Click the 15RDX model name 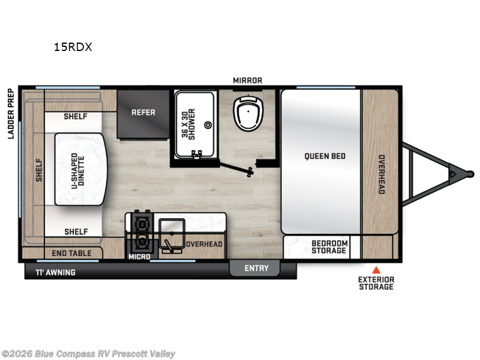pyautogui.click(x=73, y=47)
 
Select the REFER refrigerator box pyautogui.click(x=143, y=112)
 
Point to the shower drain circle pyautogui.click(x=208, y=125)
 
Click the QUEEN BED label pyautogui.click(x=325, y=156)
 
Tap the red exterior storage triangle pyautogui.click(x=376, y=269)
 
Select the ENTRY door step pyautogui.click(x=257, y=268)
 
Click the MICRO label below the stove pyautogui.click(x=138, y=257)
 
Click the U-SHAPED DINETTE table pyautogui.click(x=80, y=169)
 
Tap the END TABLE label pyautogui.click(x=72, y=253)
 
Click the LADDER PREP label pyautogui.click(x=11, y=114)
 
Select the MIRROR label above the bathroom pyautogui.click(x=247, y=80)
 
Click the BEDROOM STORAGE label pyautogui.click(x=329, y=247)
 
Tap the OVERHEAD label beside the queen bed pyautogui.click(x=380, y=175)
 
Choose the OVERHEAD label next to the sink pyautogui.click(x=204, y=244)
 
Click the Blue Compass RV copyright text pyautogui.click(x=89, y=354)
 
